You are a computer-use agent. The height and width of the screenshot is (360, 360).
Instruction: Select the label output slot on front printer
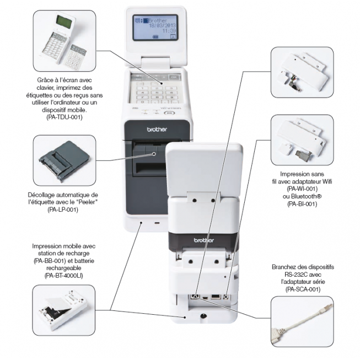pos(149,165)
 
